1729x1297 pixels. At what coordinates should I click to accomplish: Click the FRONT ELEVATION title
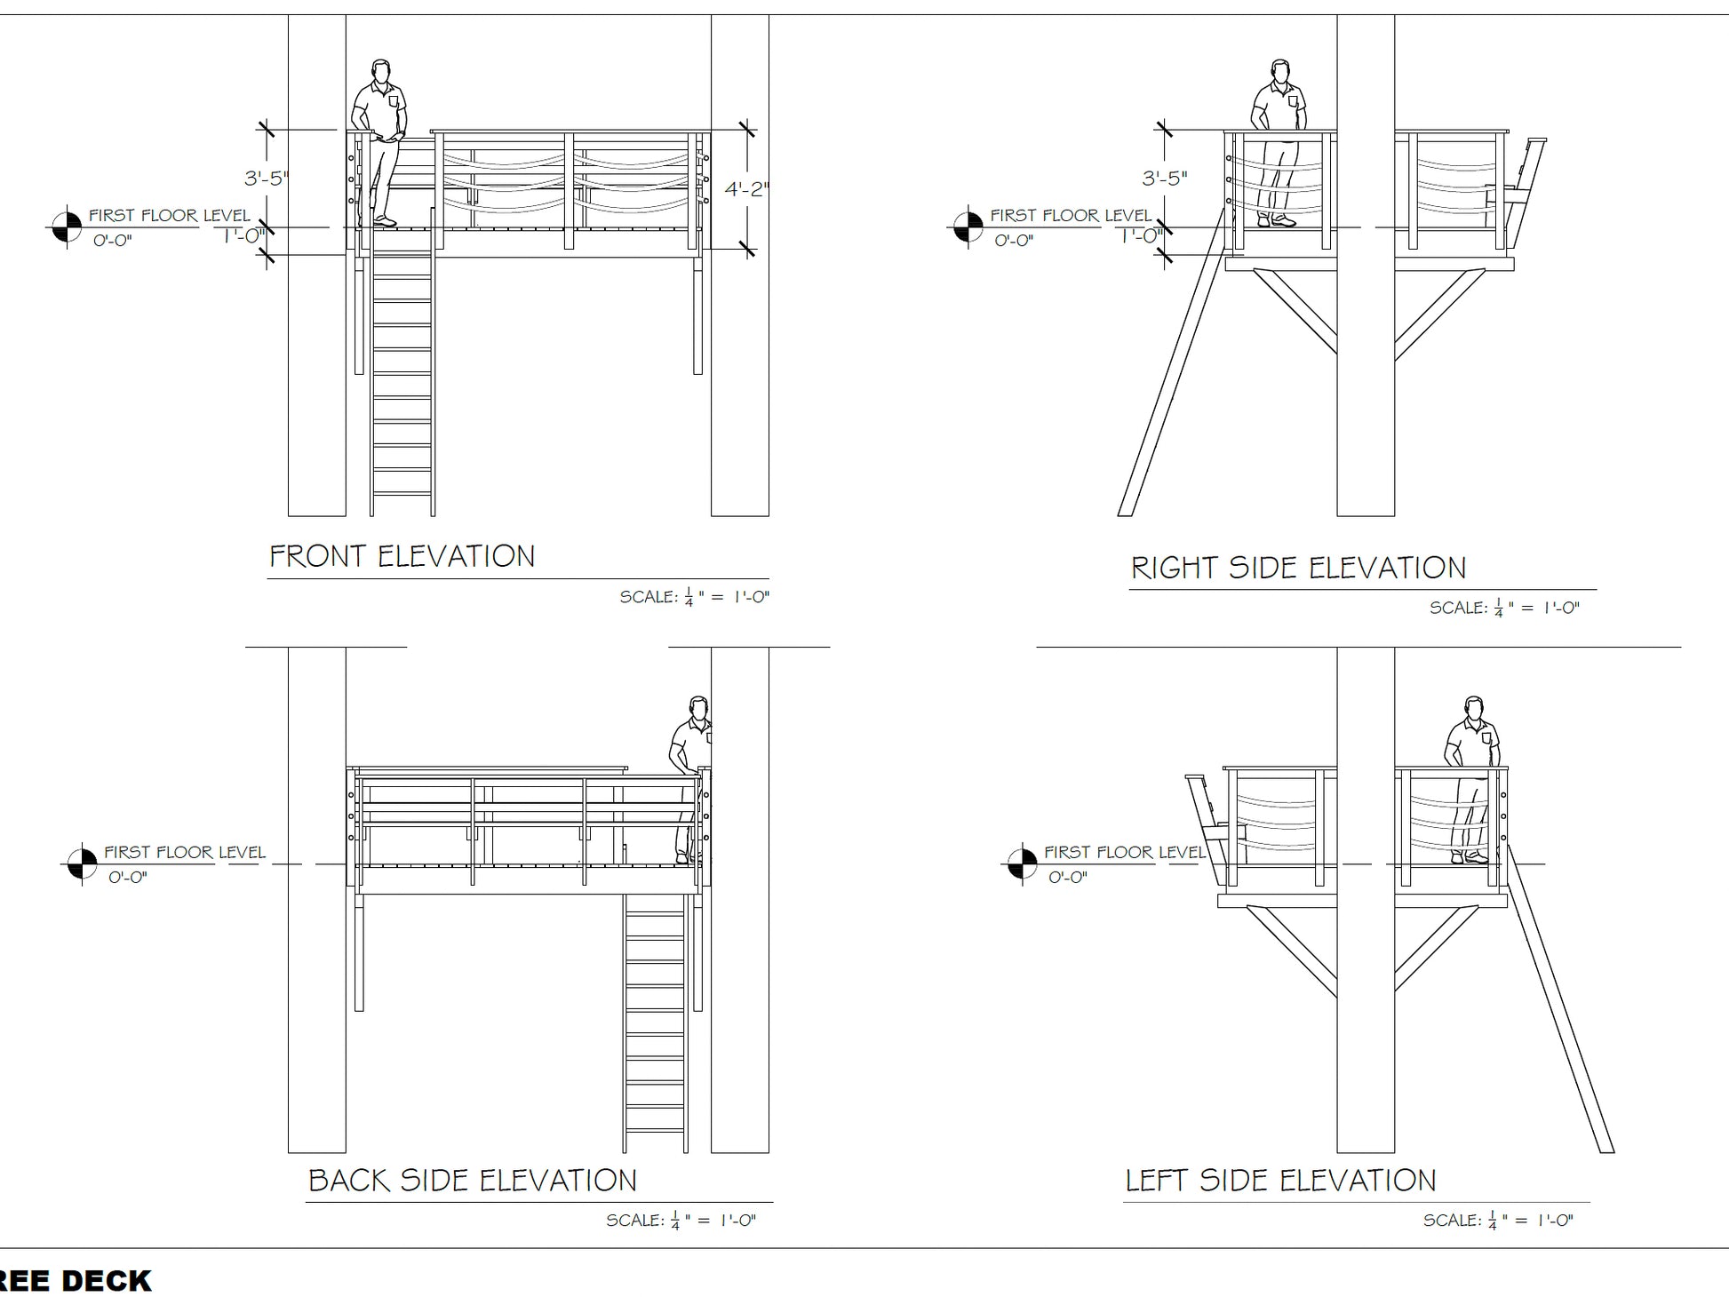402,557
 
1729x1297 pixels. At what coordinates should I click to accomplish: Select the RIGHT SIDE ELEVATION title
1297,569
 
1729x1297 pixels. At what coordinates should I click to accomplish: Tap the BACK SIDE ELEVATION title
472,1181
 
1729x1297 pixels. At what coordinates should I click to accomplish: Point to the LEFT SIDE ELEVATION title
1280,1181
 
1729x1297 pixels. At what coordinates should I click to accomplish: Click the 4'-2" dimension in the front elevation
746,189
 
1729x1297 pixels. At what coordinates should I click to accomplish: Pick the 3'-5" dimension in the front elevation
267,179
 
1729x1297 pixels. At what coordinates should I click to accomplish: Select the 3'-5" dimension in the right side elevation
1165,179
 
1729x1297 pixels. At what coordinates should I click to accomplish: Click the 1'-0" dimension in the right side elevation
1141,236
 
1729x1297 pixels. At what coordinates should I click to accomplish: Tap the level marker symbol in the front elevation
67,227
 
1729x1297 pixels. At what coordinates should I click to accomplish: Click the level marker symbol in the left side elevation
1021,863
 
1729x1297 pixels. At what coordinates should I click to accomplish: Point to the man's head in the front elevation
381,70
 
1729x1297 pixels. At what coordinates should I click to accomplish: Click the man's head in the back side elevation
699,708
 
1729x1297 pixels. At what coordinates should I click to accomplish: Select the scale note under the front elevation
694,597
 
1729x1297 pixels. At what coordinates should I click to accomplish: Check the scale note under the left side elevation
1498,1221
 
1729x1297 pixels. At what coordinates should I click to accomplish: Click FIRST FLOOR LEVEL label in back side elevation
185,853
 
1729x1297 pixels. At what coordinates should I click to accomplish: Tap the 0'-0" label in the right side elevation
1013,241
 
